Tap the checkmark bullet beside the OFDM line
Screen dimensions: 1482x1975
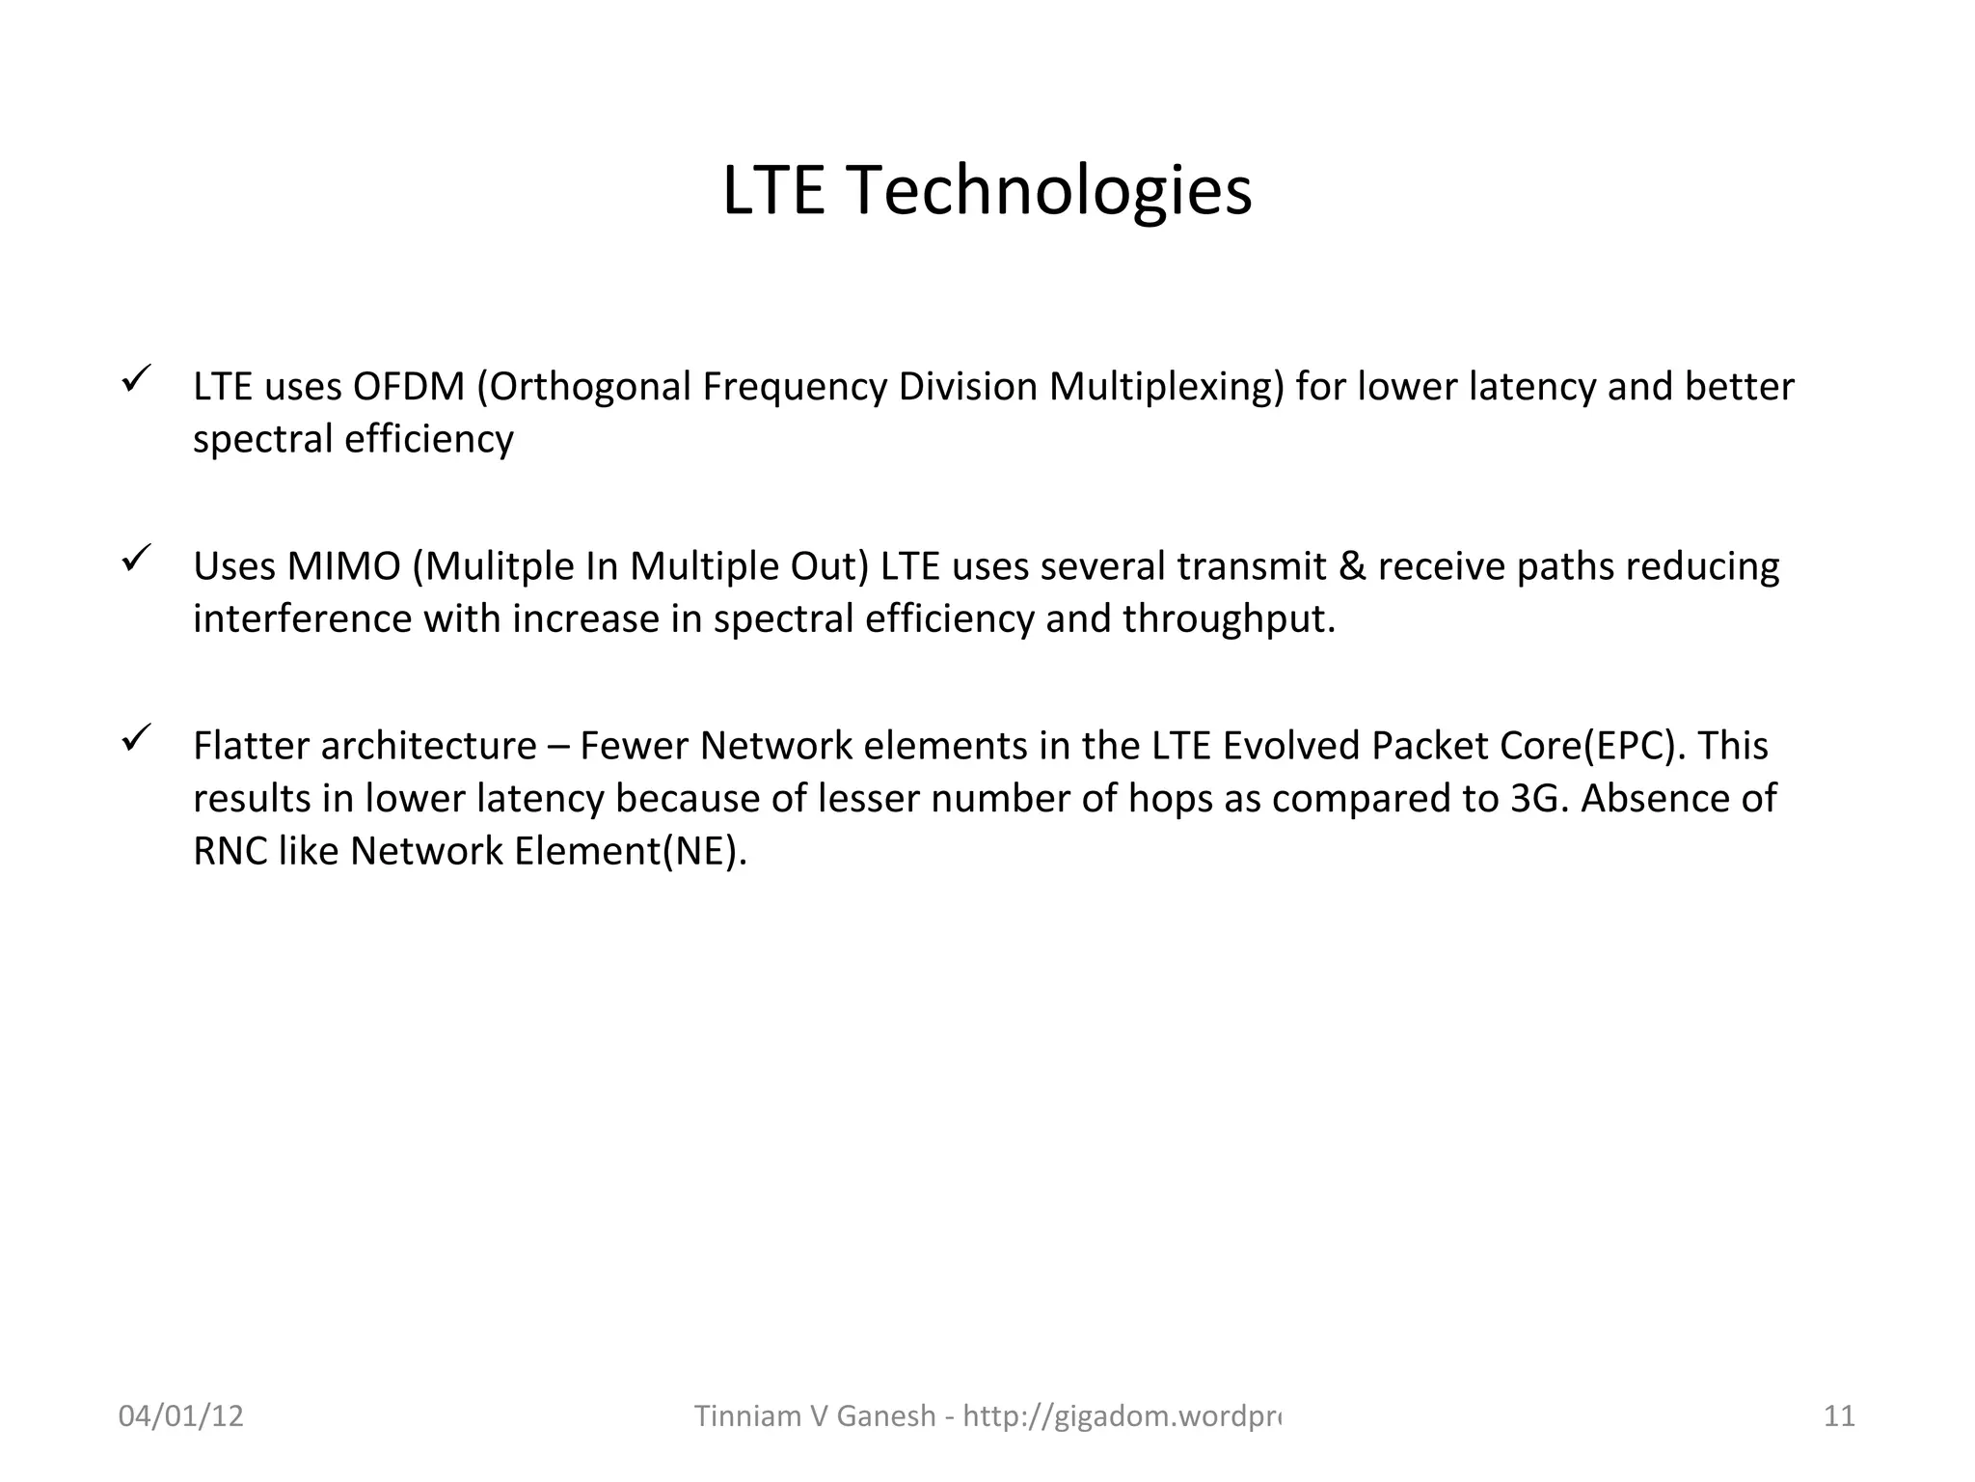(x=134, y=377)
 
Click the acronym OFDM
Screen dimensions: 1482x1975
(x=409, y=387)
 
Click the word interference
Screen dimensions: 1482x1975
(x=302, y=618)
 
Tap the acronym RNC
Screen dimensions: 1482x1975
(x=230, y=851)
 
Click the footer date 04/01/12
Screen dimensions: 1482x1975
(x=181, y=1416)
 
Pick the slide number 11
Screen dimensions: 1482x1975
(x=1839, y=1416)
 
